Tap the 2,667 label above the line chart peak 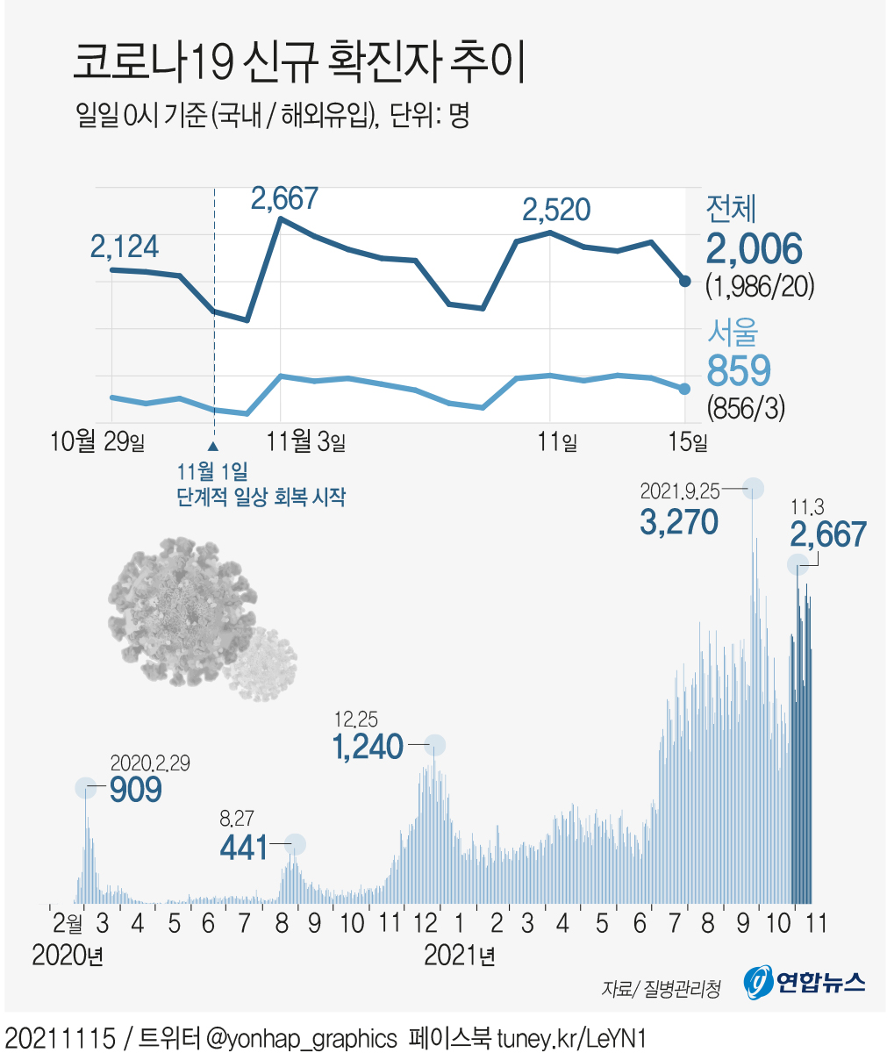click(284, 198)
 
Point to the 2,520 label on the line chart click(556, 210)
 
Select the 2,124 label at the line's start click(125, 247)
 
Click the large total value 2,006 click(755, 250)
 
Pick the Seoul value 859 click(739, 370)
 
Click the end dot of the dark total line click(684, 281)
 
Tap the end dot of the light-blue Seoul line click(684, 389)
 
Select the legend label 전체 click(731, 209)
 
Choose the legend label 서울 click(732, 332)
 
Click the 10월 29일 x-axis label click(97, 440)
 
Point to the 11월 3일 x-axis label click(306, 440)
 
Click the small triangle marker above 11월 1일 click(213, 446)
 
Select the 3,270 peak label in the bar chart click(679, 522)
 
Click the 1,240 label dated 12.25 click(368, 747)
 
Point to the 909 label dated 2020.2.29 click(136, 790)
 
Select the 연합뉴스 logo click(805, 982)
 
